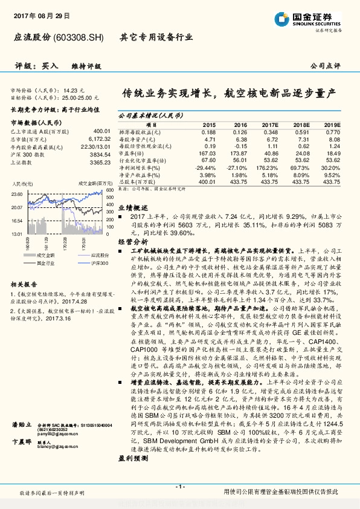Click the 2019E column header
pyautogui.click(x=331, y=123)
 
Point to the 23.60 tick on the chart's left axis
pyautogui.click(x=18, y=194)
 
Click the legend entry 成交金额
pyautogui.click(x=36, y=256)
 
